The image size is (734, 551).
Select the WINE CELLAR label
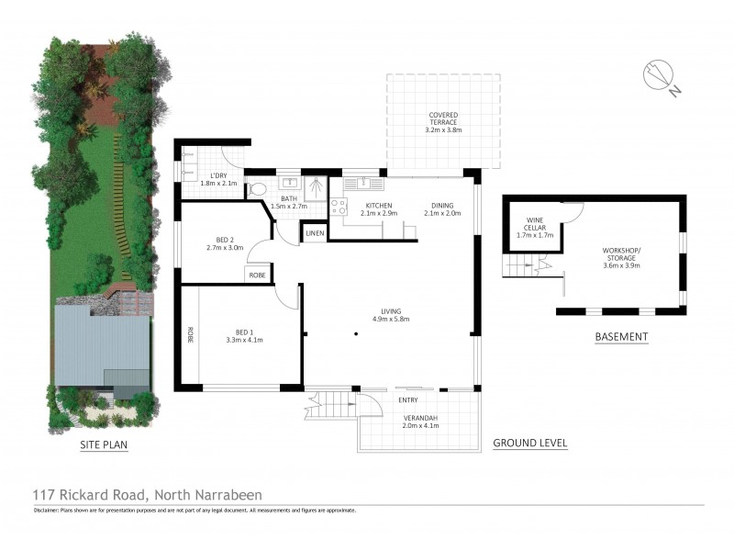[536, 229]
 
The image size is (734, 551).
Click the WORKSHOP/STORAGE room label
[622, 257]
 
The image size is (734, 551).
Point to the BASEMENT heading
[621, 337]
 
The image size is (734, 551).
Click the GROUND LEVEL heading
[530, 443]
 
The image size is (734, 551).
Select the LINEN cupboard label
[315, 233]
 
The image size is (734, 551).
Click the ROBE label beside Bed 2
[256, 275]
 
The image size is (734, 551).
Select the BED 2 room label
[224, 242]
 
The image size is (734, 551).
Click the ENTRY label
[408, 400]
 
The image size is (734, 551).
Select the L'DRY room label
[218, 179]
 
